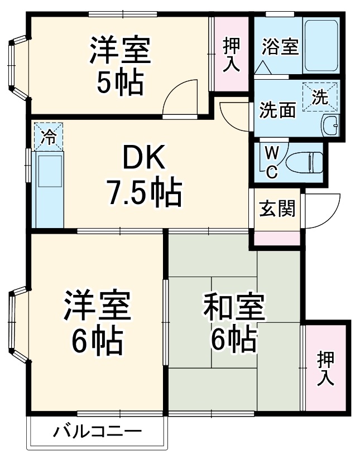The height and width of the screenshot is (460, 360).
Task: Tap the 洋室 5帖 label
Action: pos(120,66)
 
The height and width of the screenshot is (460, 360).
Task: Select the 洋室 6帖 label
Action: pos(96,322)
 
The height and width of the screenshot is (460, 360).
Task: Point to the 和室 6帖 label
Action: pos(233,322)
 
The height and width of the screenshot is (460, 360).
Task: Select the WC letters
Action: pos(271,162)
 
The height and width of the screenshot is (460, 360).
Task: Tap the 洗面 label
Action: pos(277,110)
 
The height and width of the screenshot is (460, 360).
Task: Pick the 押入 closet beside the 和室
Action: pos(325,368)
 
